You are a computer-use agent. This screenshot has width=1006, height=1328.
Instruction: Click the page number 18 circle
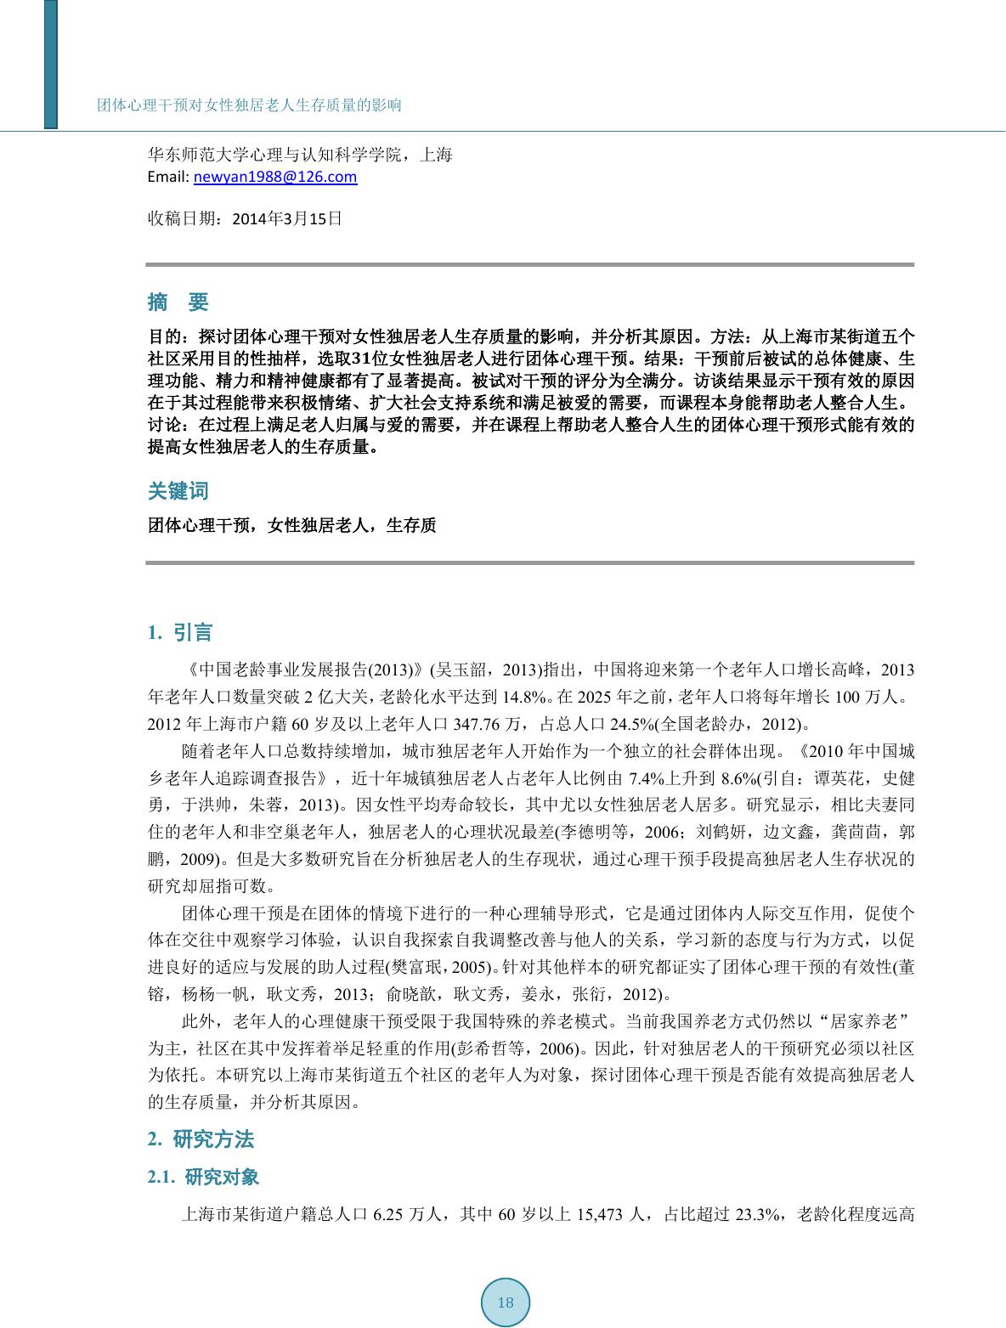(x=506, y=1303)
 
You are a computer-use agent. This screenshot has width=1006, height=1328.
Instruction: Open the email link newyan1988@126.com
(x=275, y=177)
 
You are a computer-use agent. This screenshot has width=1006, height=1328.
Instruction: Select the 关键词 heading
(x=178, y=491)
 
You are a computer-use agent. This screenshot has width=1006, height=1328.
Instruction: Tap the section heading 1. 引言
(x=179, y=632)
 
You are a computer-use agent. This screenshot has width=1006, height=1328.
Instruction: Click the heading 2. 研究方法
(x=201, y=1139)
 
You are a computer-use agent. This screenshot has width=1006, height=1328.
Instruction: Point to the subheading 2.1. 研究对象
(x=203, y=1177)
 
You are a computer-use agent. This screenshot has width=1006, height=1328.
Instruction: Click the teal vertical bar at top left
(x=51, y=64)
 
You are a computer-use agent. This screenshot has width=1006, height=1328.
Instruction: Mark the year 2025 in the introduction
(x=593, y=698)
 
